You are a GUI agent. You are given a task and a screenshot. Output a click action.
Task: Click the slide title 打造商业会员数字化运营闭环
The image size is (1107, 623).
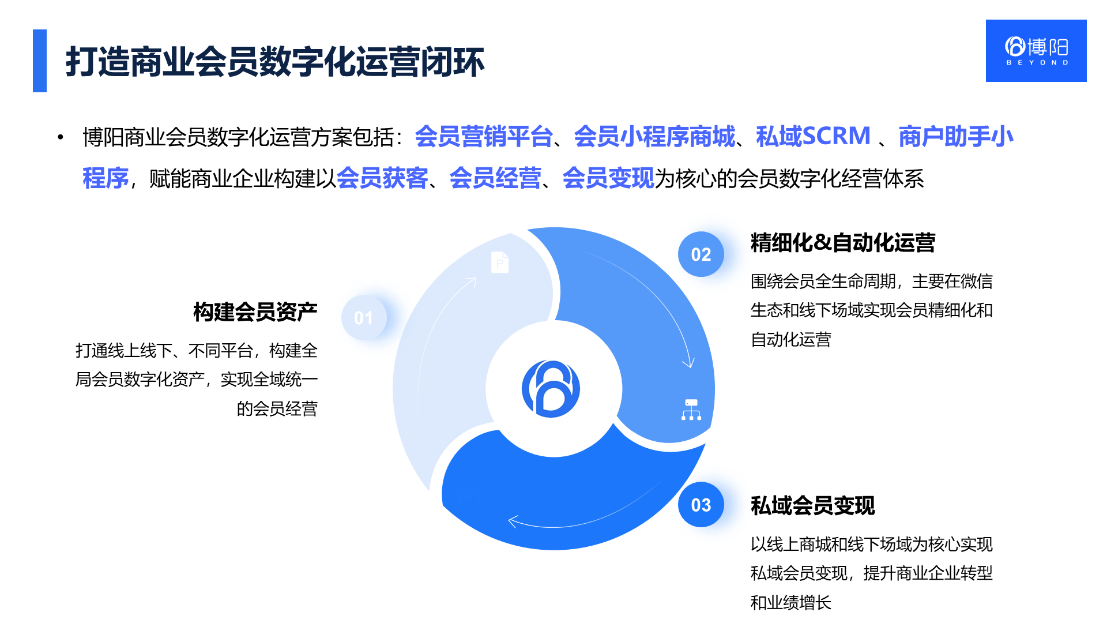[x=275, y=62]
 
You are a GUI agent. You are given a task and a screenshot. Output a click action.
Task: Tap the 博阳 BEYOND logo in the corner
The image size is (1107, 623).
[x=1036, y=51]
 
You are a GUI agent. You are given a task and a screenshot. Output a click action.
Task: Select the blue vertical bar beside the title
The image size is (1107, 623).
[x=40, y=61]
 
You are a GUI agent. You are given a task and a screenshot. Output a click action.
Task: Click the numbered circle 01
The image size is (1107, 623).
[x=364, y=317]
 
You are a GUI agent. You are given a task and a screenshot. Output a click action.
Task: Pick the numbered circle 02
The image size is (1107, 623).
[x=701, y=254]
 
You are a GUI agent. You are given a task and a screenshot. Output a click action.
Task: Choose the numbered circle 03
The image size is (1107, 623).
[x=701, y=505]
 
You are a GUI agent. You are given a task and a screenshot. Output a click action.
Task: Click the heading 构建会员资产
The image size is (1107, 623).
[x=255, y=311]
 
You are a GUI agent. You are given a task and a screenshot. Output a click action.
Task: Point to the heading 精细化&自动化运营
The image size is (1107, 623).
[x=843, y=242]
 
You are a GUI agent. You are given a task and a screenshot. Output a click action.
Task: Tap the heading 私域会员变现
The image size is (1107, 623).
[x=813, y=505]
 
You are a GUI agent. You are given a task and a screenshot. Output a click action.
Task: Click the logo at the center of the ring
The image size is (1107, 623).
[x=551, y=389]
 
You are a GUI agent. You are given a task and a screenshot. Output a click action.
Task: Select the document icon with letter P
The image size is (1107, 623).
[x=500, y=262]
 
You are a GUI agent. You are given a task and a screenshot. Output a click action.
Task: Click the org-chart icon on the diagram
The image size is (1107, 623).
[x=691, y=410]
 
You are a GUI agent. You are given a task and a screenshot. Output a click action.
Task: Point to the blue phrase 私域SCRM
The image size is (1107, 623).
[x=813, y=136]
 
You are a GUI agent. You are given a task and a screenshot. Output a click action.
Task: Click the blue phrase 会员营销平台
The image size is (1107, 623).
[x=484, y=136]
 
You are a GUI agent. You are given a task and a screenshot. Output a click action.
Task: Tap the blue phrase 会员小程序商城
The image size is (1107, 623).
[x=654, y=136]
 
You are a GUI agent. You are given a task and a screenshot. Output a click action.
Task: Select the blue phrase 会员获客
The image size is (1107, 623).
[x=382, y=178]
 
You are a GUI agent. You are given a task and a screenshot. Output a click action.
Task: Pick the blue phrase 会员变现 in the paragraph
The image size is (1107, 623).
[x=608, y=178]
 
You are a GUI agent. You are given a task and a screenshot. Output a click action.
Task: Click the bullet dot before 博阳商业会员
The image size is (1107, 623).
[x=60, y=137]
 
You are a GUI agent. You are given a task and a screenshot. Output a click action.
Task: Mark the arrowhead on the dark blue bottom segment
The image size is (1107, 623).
[x=512, y=521]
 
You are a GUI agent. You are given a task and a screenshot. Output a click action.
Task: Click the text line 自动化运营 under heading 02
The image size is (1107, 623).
[x=790, y=339]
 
